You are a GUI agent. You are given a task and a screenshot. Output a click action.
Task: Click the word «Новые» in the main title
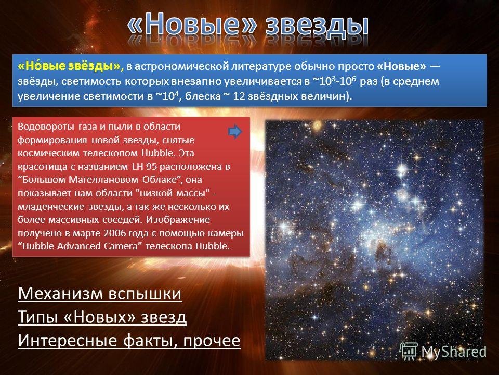pyautogui.click(x=192, y=23)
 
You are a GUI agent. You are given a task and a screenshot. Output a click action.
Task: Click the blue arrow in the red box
pyautogui.click(x=235, y=131)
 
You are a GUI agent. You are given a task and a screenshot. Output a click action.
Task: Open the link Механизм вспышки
pyautogui.click(x=100, y=293)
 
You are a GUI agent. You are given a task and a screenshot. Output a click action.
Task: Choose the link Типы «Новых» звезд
pyautogui.click(x=102, y=317)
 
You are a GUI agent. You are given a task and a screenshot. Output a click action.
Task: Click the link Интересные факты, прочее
pyautogui.click(x=129, y=340)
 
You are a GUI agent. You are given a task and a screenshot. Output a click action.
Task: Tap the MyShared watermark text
pyautogui.click(x=454, y=352)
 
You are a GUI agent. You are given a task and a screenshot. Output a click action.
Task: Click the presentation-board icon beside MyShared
pyautogui.click(x=409, y=351)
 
